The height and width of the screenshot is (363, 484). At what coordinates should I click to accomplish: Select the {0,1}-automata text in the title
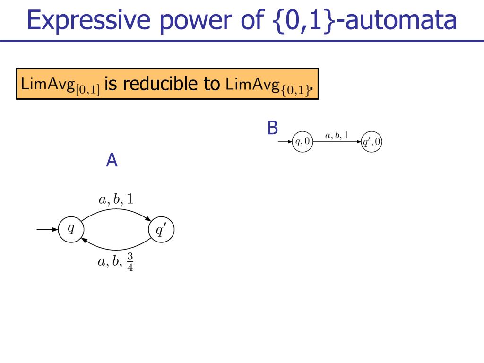(365, 20)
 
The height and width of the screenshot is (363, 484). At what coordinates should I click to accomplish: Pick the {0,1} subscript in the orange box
(295, 90)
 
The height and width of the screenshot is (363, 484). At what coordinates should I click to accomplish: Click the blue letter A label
(112, 160)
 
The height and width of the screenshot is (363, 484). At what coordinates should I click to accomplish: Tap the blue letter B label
(273, 128)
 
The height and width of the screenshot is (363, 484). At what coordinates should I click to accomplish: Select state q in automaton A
(71, 229)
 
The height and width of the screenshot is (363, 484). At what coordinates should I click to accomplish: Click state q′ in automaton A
(161, 229)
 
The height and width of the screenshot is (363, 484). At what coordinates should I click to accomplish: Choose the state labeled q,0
(302, 142)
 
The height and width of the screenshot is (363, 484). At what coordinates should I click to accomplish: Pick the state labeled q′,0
(372, 142)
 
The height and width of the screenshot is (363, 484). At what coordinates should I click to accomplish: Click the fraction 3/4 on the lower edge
(130, 262)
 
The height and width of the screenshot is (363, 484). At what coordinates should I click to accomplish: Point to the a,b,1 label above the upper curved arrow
(116, 199)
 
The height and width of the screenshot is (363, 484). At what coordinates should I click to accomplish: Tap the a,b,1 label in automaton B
(337, 135)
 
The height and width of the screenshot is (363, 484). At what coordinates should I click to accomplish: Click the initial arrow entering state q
(47, 229)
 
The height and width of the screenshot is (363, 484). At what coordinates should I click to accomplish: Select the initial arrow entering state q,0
(285, 142)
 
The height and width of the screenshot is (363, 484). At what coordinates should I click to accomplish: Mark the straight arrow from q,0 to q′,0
(337, 142)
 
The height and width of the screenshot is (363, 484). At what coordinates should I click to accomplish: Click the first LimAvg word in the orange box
(48, 84)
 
